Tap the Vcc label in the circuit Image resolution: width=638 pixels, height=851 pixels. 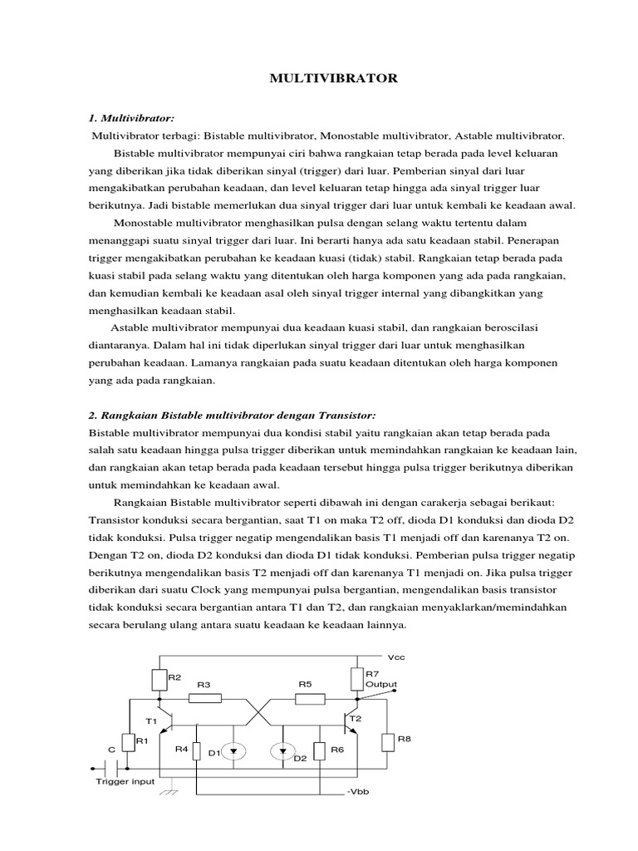point(385,656)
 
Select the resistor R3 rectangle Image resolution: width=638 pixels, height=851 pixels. point(204,698)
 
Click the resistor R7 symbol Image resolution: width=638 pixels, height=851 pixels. point(357,679)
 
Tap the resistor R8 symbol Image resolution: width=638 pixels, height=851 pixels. point(386,742)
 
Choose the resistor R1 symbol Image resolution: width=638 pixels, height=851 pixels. point(129,742)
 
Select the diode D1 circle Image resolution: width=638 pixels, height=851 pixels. point(233,751)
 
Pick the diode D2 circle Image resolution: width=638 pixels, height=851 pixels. point(282,751)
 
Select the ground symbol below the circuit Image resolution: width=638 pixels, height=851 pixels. point(171,790)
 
